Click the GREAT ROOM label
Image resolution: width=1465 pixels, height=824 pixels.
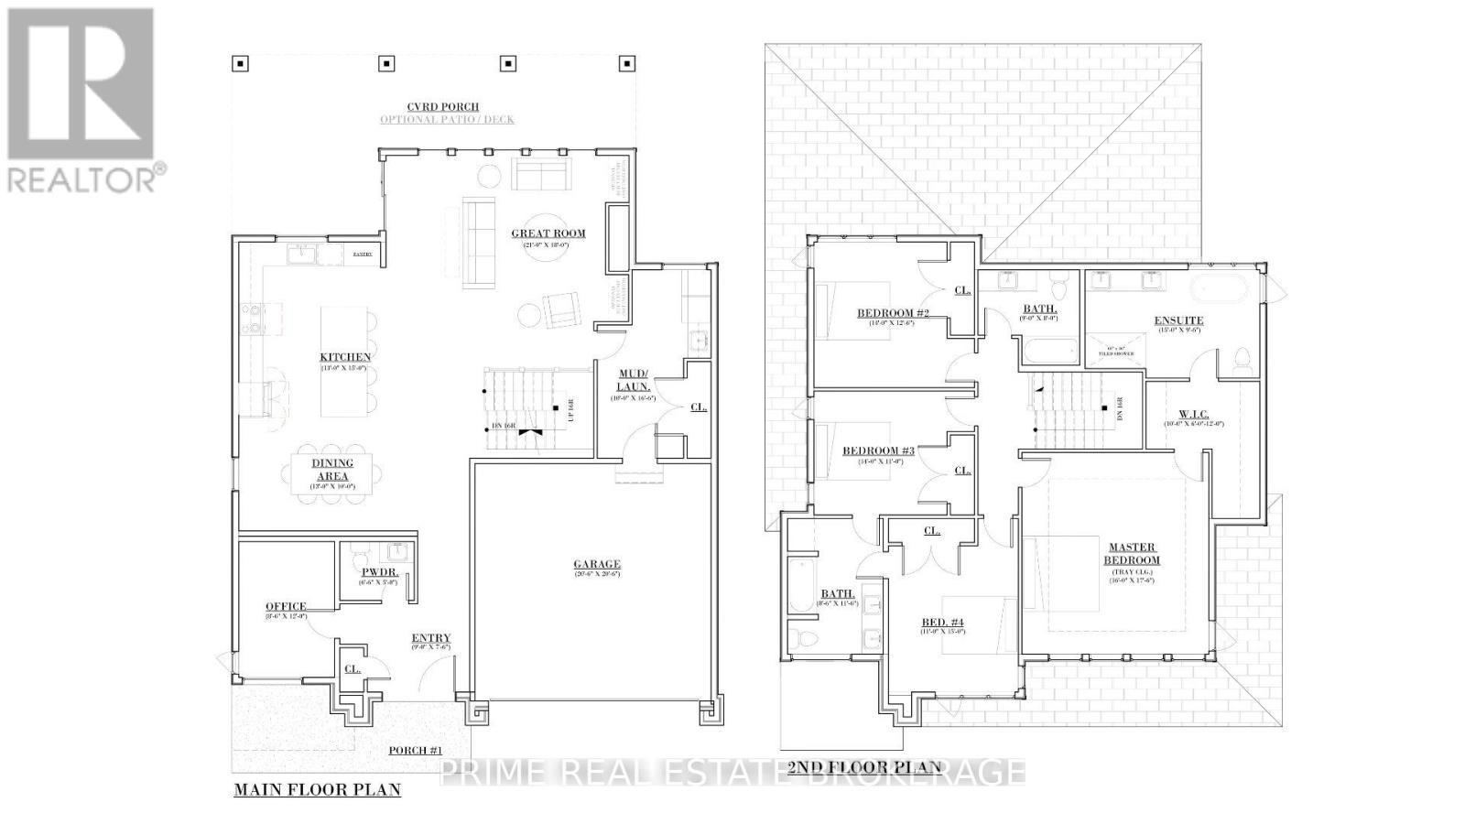coord(548,233)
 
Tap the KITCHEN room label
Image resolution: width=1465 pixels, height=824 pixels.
coord(345,357)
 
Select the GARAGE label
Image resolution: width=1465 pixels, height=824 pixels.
coord(597,564)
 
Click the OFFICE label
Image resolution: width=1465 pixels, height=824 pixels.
coord(286,606)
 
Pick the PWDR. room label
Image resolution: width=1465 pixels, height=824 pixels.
coord(378,572)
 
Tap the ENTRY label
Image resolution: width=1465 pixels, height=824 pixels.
coord(430,638)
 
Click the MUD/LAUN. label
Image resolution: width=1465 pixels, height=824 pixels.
coord(633,380)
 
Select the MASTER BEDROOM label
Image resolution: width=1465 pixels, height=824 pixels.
coord(1132,554)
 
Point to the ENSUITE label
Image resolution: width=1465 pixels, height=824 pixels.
coord(1178,320)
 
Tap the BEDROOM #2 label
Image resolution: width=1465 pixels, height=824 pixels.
coord(893,313)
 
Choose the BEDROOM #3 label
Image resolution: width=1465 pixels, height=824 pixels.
coord(878,450)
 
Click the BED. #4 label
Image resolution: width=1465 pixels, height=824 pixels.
coord(942,623)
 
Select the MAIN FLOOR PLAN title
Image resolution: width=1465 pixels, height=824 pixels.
coord(317,789)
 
